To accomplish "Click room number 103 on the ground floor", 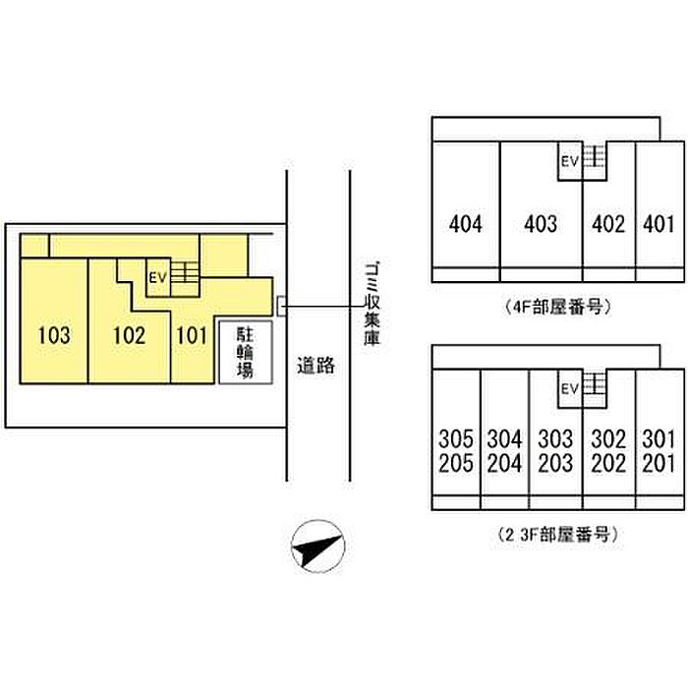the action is pyautogui.click(x=54, y=336).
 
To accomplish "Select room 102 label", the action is pyautogui.click(x=129, y=336).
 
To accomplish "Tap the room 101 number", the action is pyautogui.click(x=192, y=336).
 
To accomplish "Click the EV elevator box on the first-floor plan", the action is pyautogui.click(x=158, y=277).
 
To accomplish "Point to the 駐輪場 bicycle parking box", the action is pyautogui.click(x=246, y=352).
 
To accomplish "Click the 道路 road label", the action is pyautogui.click(x=315, y=365).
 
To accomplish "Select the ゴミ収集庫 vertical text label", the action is pyautogui.click(x=372, y=303).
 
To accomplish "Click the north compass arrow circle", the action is pyautogui.click(x=318, y=546).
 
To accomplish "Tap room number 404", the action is pyautogui.click(x=466, y=224).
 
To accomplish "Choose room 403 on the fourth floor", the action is pyautogui.click(x=541, y=224).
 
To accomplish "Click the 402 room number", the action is pyautogui.click(x=608, y=224).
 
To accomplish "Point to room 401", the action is pyautogui.click(x=659, y=224).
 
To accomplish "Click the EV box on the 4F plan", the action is pyautogui.click(x=570, y=161).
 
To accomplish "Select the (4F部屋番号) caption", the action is pyautogui.click(x=557, y=307).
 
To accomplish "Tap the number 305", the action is pyautogui.click(x=456, y=438).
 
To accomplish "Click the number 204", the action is pyautogui.click(x=504, y=463).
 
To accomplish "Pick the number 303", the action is pyautogui.click(x=555, y=438).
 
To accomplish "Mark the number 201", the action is pyautogui.click(x=659, y=463).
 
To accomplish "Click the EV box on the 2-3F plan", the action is pyautogui.click(x=570, y=388).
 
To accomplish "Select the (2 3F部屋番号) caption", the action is pyautogui.click(x=557, y=535).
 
